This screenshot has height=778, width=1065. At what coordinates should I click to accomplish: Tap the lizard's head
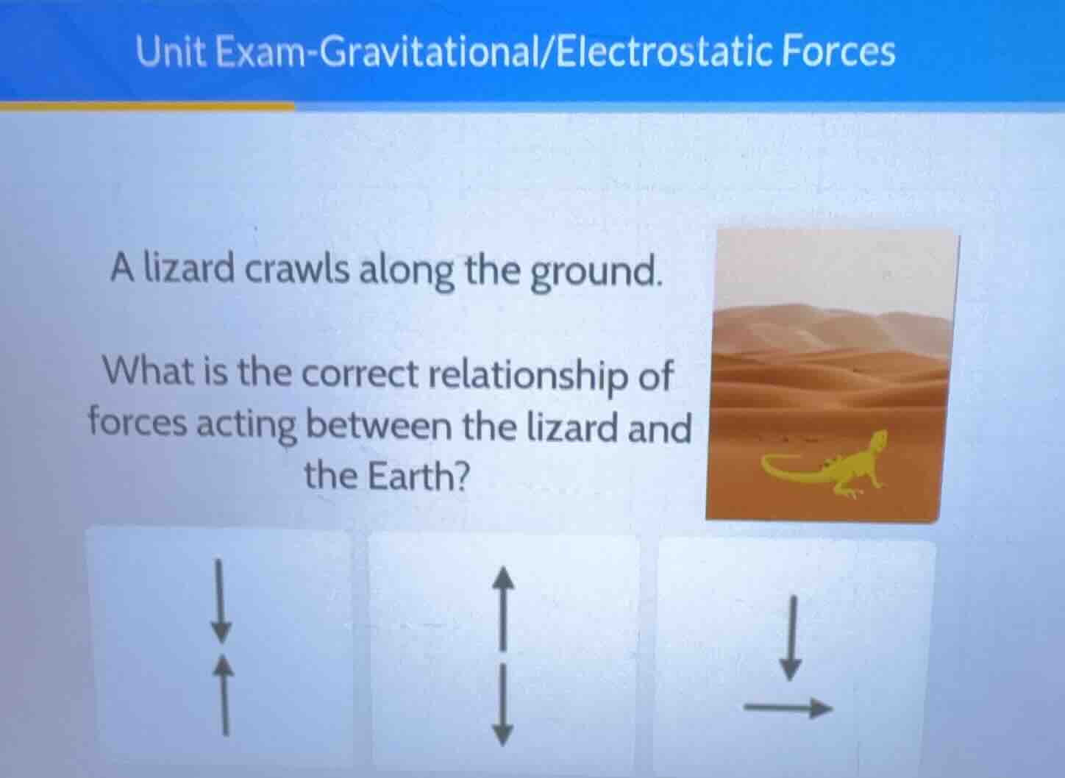pyautogui.click(x=877, y=443)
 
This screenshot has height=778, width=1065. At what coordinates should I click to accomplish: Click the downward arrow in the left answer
pyautogui.click(x=220, y=600)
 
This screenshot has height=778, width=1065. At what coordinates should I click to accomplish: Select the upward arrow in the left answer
pyautogui.click(x=224, y=695)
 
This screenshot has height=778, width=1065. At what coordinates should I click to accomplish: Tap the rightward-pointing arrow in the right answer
pyautogui.click(x=787, y=708)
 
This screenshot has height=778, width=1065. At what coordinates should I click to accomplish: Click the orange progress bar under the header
pyautogui.click(x=147, y=106)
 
